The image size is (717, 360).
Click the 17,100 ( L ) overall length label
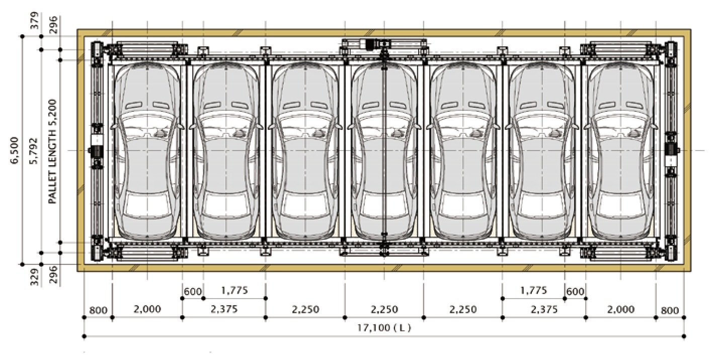coord(384,328)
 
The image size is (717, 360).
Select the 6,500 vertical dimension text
coord(15,151)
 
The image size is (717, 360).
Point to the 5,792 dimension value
coord(34,151)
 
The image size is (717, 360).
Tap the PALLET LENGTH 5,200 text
coord(52,151)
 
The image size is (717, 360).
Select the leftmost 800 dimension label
coord(98,310)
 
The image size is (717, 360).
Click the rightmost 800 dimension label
coord(670,310)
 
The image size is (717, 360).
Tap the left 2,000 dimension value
coord(147,309)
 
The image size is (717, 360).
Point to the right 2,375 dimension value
coord(544,309)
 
